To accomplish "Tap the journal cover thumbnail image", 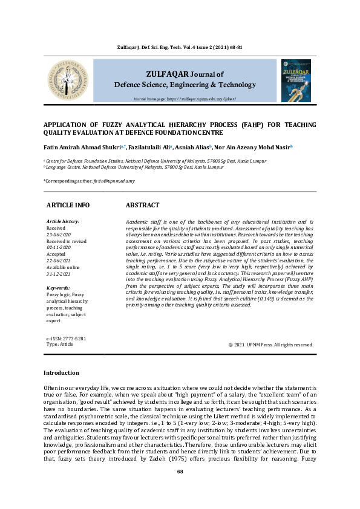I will pyautogui.click(x=296, y=80).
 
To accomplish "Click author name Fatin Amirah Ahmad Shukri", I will pyautogui.click(x=81, y=147).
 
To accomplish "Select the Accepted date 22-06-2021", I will pyautogui.click(x=59, y=260).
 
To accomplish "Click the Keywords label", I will pyautogui.click(x=58, y=288).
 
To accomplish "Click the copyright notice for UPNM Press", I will pyautogui.click(x=271, y=345).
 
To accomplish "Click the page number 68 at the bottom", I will pyautogui.click(x=180, y=488).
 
